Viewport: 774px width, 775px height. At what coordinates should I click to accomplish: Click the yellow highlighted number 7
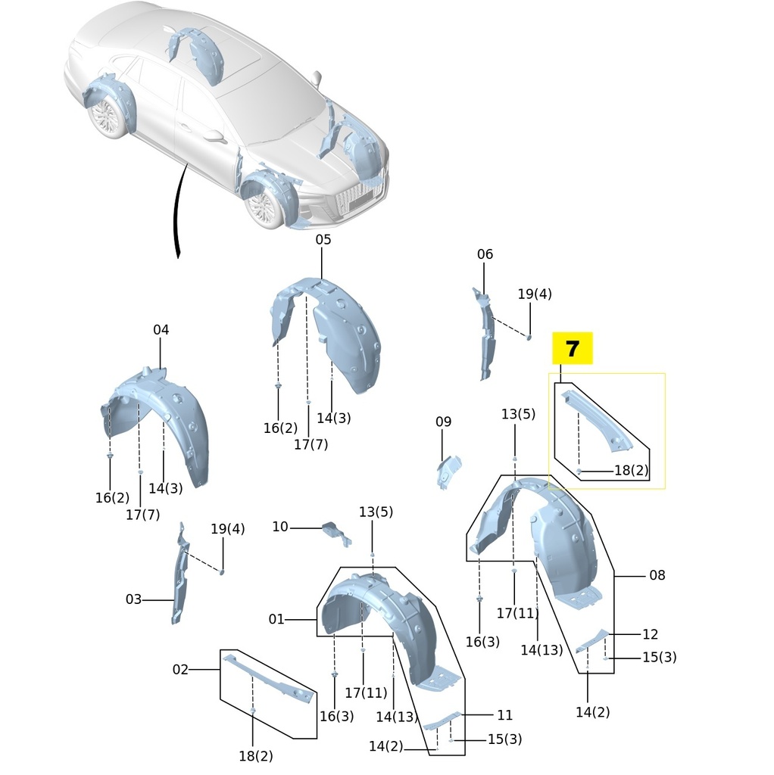(x=573, y=349)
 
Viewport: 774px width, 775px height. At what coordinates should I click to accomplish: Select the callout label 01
(x=276, y=619)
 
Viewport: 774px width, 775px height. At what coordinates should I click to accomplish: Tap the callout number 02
(x=180, y=669)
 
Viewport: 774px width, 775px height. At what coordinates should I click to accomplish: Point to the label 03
(x=133, y=599)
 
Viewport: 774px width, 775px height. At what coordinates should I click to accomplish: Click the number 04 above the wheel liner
(x=161, y=330)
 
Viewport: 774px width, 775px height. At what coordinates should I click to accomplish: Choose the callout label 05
(x=323, y=239)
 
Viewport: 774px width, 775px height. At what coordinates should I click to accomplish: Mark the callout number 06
(x=485, y=254)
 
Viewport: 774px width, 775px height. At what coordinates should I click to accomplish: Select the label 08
(x=657, y=575)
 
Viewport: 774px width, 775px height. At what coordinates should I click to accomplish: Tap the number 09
(x=443, y=422)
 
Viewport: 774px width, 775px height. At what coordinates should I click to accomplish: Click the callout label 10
(x=280, y=527)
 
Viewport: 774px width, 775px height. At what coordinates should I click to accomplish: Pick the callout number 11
(x=505, y=714)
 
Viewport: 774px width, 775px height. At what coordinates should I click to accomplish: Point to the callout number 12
(x=651, y=634)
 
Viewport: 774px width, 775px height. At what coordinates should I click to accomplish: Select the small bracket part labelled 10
(x=336, y=532)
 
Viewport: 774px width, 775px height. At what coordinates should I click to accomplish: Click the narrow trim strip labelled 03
(x=181, y=575)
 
